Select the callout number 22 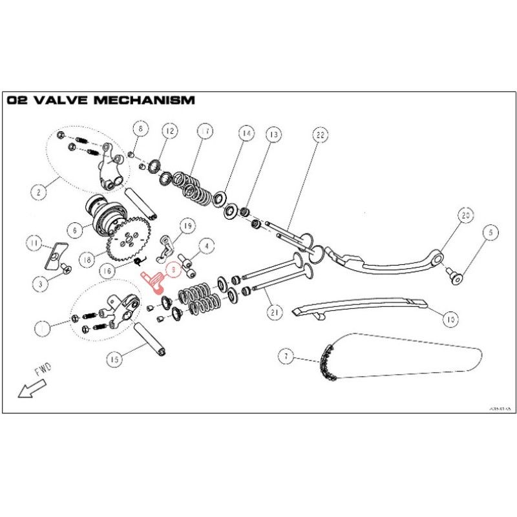(319, 136)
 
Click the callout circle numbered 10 (450, 318)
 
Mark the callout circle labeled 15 (114, 357)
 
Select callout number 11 (34, 243)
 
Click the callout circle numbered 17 (205, 132)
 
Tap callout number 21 (276, 313)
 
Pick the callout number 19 (187, 226)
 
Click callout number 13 (273, 135)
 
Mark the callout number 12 (169, 131)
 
